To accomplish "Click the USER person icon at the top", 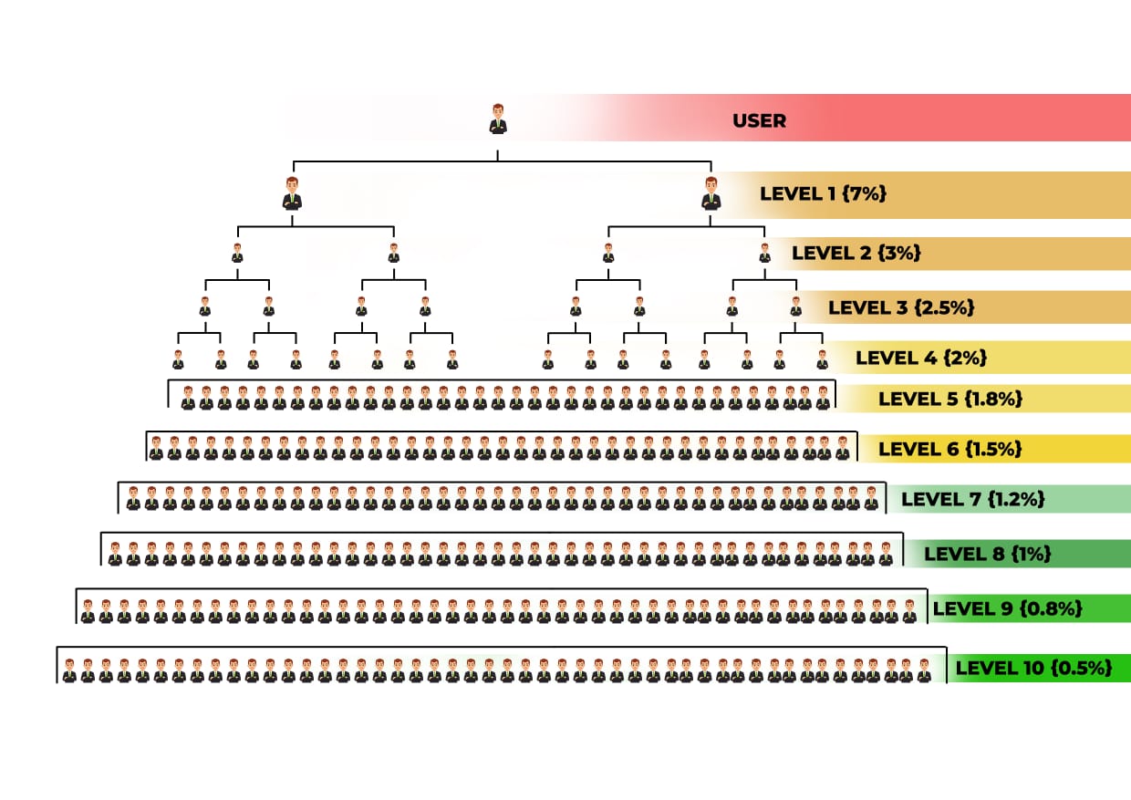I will coord(497,119).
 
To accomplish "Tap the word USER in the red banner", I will coord(759,120).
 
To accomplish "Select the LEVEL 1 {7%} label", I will coord(823,193).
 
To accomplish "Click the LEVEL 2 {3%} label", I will coord(856,253).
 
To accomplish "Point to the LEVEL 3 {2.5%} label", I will coord(901,307).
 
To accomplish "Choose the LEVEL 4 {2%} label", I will coord(921,358).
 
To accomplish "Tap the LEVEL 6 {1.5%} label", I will coord(949,449).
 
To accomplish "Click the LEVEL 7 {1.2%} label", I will coord(972,499).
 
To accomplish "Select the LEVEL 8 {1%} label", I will coord(988,554).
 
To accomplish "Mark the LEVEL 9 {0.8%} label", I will coord(1007,608).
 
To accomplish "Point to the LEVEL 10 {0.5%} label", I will coord(1033,668).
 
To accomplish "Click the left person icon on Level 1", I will coord(292,194).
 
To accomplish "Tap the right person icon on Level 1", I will coord(711,194).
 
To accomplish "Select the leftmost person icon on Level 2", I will coord(237,254).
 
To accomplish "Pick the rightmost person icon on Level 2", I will coord(764,254).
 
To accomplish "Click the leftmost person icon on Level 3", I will coord(204,306).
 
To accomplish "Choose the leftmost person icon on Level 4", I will coord(178,359).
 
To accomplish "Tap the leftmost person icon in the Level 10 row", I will coord(69,671).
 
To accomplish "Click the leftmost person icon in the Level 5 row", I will coord(188,398).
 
